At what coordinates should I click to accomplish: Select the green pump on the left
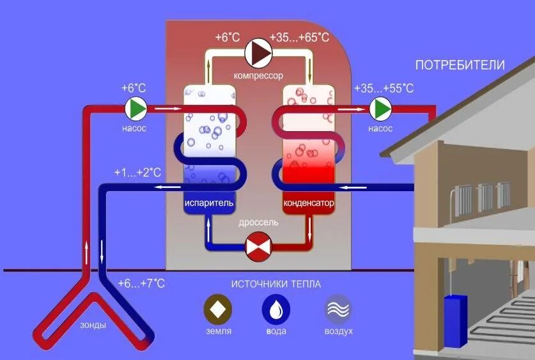(x=136, y=109)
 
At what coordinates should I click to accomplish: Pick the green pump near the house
(x=381, y=109)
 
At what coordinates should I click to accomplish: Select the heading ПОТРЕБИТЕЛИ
(x=460, y=65)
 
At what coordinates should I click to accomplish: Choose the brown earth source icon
(x=219, y=309)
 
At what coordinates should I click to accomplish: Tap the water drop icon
(x=276, y=309)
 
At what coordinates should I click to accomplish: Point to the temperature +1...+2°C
(x=137, y=173)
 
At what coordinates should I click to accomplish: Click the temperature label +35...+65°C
(x=299, y=38)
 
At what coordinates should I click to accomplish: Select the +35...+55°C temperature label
(x=384, y=88)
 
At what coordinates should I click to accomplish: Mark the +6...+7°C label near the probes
(x=141, y=283)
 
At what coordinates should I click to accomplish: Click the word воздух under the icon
(x=338, y=332)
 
